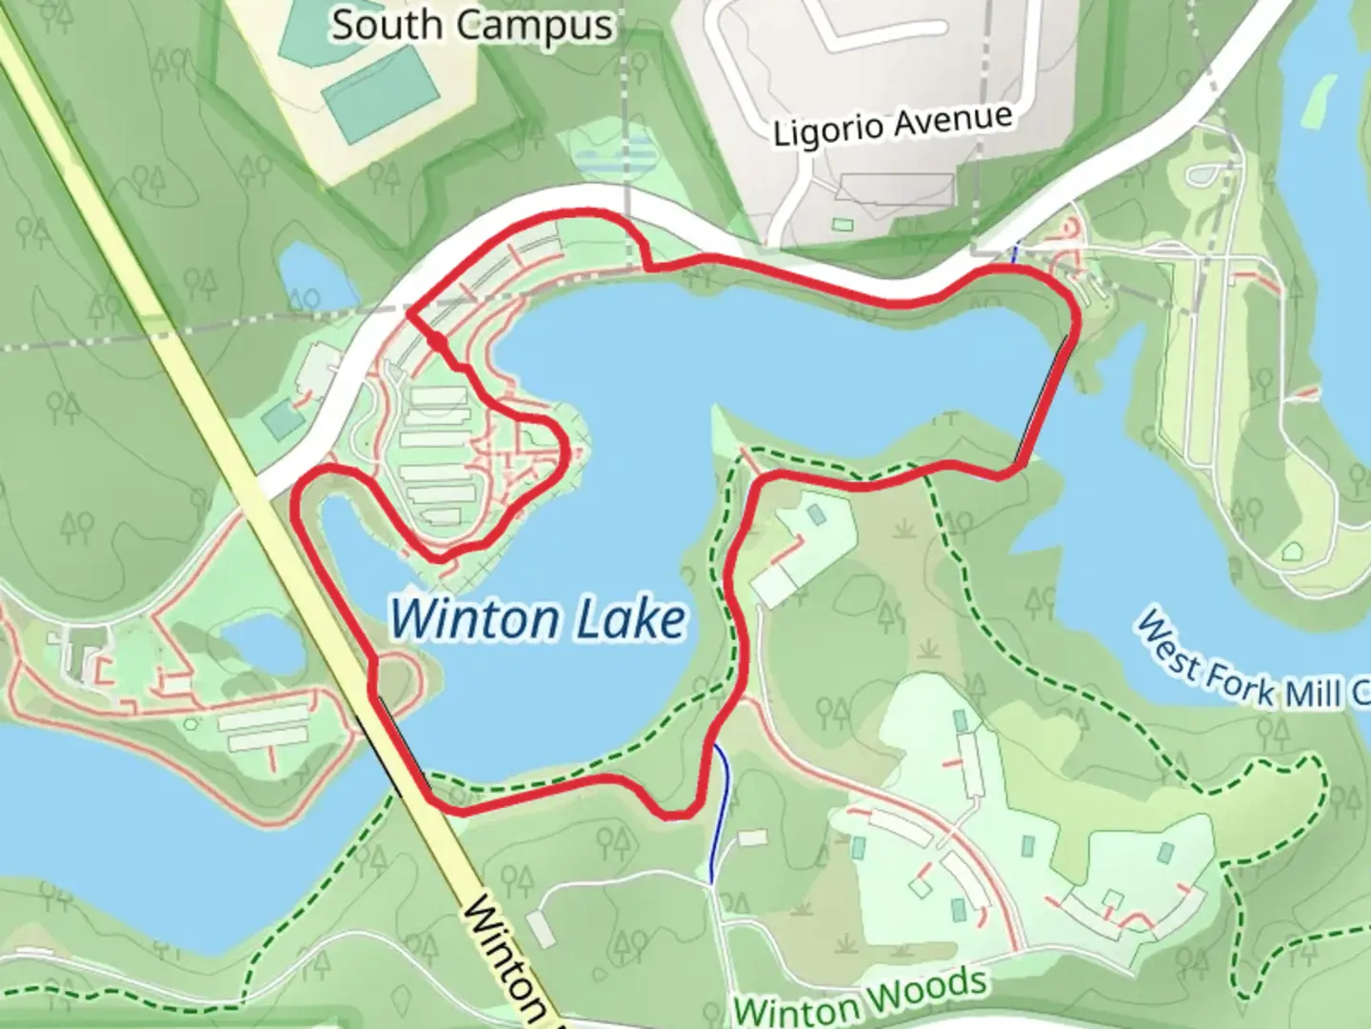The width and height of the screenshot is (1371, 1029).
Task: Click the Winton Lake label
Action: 538,619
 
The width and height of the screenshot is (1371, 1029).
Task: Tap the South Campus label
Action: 471,25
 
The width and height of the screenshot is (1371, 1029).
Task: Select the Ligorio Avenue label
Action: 892,125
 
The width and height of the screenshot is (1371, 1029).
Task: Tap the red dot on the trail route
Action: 436,340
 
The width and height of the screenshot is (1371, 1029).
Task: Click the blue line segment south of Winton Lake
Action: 722,810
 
